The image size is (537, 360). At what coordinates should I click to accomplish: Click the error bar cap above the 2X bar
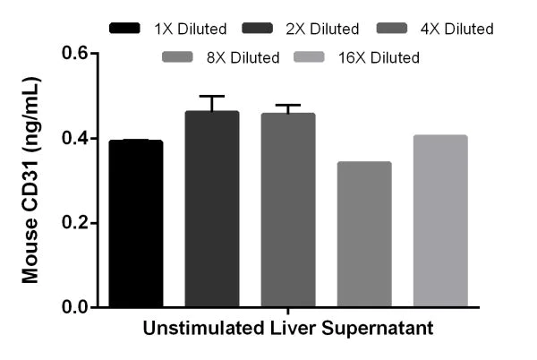(212, 96)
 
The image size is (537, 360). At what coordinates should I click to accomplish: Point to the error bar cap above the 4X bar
(288, 105)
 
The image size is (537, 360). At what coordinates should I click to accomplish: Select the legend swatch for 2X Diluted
(260, 29)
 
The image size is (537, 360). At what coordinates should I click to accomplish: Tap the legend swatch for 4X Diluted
(393, 29)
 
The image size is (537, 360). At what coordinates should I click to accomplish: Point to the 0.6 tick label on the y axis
(75, 54)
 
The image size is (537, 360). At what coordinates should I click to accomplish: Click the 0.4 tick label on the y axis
(75, 139)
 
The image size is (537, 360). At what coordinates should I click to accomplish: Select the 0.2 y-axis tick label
(75, 223)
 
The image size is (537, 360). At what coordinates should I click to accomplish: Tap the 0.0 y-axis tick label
(75, 307)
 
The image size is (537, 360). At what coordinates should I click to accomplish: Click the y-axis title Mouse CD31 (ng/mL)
(31, 179)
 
